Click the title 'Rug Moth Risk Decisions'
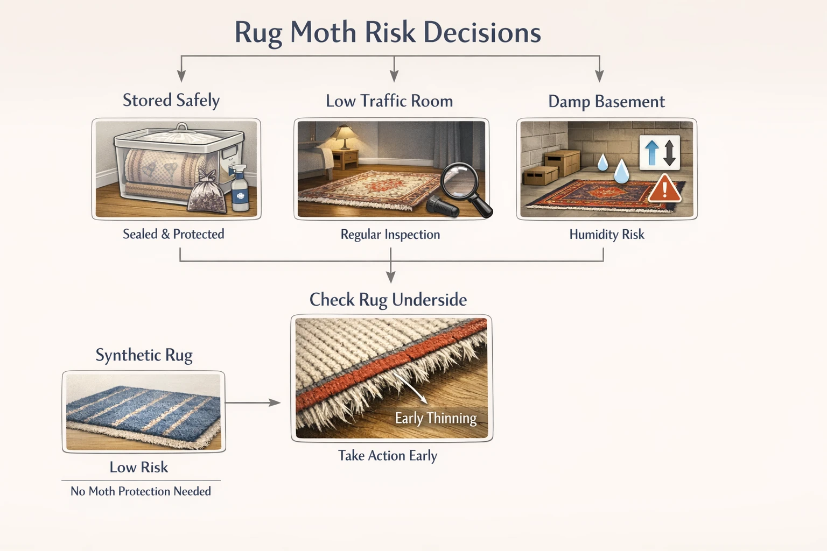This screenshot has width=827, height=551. tap(387, 32)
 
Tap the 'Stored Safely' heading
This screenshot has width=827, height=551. tap(171, 101)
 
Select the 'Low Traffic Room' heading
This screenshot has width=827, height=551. tap(389, 101)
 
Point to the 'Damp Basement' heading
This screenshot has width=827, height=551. tap(606, 102)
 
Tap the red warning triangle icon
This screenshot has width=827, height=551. tap(664, 189)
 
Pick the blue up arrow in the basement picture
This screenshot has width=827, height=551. tap(651, 152)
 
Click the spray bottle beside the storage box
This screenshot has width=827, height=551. tap(239, 189)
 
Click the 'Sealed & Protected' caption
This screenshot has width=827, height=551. tap(173, 234)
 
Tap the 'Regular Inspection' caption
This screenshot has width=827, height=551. tap(390, 235)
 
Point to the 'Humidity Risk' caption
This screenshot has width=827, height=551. tap(606, 235)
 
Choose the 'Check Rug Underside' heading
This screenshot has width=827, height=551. tap(388, 300)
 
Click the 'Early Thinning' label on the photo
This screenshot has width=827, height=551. tap(436, 418)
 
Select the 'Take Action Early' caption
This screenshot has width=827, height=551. tap(388, 456)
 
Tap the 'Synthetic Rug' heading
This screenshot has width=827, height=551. tap(144, 355)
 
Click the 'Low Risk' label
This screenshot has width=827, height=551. tap(139, 467)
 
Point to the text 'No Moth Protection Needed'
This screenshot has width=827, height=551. tap(141, 491)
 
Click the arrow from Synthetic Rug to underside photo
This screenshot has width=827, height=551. tap(253, 402)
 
